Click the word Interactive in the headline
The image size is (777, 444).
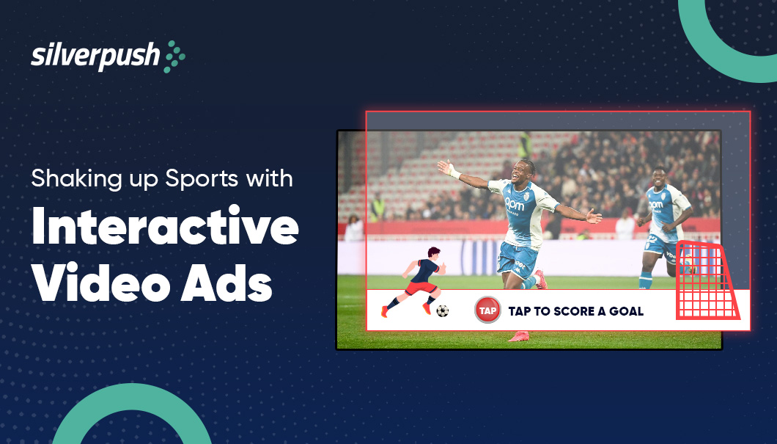(x=165, y=230)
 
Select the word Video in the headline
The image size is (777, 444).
(x=99, y=283)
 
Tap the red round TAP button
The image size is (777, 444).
(x=487, y=310)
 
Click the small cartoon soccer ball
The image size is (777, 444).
(x=442, y=311)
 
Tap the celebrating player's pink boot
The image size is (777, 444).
(x=519, y=336)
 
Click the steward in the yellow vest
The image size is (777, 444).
(x=378, y=209)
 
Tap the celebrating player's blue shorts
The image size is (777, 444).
(x=519, y=255)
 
